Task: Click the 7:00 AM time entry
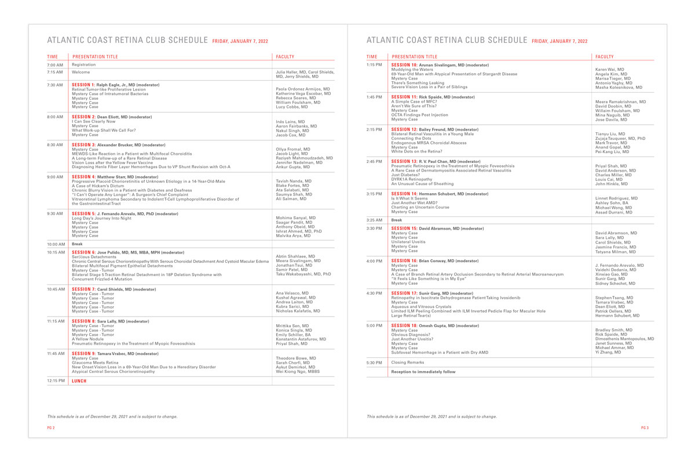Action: [55, 65]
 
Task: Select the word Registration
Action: [84, 65]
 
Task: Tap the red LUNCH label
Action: [79, 381]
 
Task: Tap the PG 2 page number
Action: [51, 428]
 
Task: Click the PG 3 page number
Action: [645, 428]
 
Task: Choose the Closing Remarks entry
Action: [408, 362]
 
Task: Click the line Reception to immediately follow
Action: [423, 372]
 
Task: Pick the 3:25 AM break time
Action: [374, 220]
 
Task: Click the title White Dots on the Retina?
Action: [414, 152]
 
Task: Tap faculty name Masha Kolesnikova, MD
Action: [619, 88]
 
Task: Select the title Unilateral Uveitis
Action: [408, 242]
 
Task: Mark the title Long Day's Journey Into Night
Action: [102, 218]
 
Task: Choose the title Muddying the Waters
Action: [412, 70]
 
